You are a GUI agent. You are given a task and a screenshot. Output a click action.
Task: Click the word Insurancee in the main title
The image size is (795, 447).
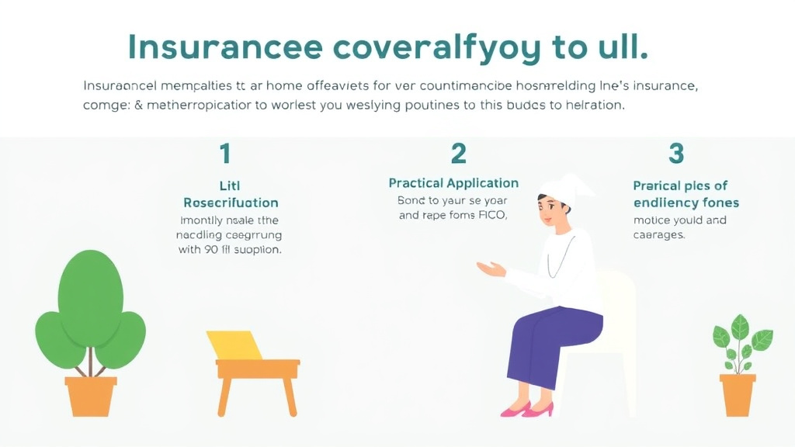[224, 47]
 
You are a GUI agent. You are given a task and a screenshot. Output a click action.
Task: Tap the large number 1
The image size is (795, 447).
[225, 154]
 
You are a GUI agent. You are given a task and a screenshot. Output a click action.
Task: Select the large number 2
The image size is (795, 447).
[459, 154]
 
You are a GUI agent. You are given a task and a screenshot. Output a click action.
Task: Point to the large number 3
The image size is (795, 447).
[676, 154]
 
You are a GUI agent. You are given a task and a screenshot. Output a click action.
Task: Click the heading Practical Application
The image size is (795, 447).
[453, 183]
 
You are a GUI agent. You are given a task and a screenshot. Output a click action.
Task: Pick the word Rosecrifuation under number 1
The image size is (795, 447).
[231, 203]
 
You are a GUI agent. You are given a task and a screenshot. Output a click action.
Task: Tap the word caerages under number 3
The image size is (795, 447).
[659, 234]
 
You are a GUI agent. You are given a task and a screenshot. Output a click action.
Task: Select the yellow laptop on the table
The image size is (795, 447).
[234, 345]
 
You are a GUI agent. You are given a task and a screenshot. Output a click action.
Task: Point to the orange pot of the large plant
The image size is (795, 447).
[91, 395]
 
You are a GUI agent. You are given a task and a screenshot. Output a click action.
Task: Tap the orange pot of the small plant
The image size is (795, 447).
[737, 393]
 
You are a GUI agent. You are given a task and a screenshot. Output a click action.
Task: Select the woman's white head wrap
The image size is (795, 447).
[563, 187]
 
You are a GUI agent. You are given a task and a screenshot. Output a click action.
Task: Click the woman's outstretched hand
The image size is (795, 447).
[490, 269]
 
